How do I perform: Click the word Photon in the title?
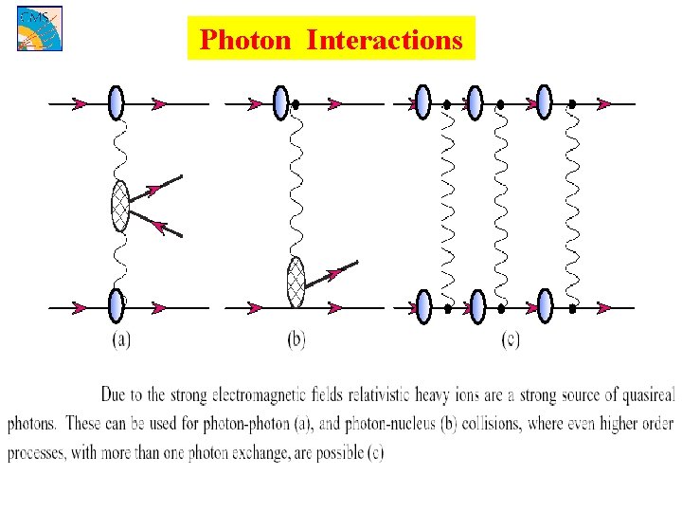247,40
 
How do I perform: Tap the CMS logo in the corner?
37,27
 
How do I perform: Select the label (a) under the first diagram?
121,339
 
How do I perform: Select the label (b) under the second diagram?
296,339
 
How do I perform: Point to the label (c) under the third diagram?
510,339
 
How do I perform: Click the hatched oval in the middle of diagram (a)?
119,206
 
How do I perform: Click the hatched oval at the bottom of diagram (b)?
296,281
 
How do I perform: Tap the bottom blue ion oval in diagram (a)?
117,306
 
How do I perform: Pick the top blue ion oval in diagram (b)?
279,102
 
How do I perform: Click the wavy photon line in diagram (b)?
295,180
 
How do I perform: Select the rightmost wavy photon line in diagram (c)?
571,204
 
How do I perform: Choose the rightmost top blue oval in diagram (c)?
544,102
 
